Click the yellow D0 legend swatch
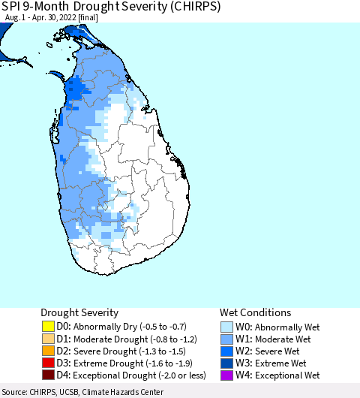click(x=47, y=327)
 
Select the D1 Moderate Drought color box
click(x=47, y=339)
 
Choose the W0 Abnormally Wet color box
click(x=226, y=327)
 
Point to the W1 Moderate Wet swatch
click(x=226, y=339)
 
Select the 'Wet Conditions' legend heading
click(x=255, y=312)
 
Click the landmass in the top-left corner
click(x=6, y=30)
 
